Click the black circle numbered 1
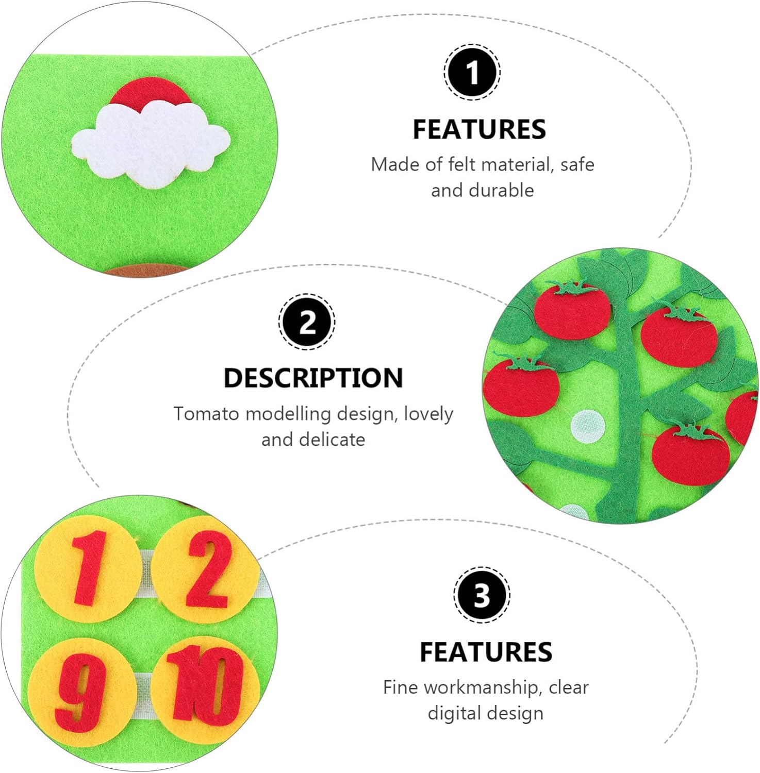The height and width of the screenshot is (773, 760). pos(472,72)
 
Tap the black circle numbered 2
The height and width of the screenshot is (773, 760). pos(307,322)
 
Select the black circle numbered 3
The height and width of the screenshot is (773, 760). pos(482,595)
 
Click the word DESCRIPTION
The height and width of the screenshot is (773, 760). pos(313,378)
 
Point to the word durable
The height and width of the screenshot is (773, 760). pos(500,191)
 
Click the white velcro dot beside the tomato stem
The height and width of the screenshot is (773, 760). pos(587,426)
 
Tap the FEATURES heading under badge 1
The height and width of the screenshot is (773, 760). pos(479,129)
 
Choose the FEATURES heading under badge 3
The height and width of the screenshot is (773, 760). pos(486,652)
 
